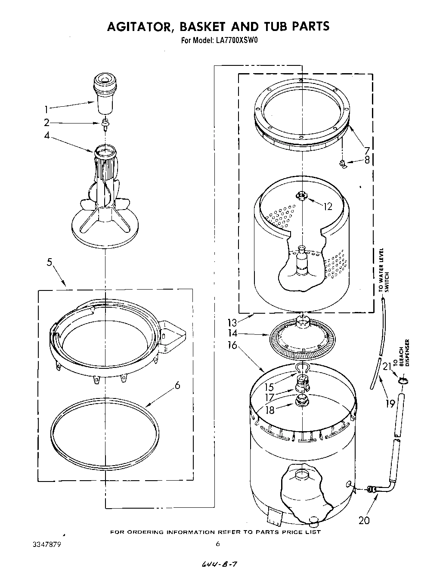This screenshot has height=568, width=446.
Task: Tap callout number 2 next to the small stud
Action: pos(46,123)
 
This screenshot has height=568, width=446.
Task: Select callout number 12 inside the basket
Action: pos(328,207)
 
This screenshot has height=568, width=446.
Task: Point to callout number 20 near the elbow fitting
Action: pos(364,520)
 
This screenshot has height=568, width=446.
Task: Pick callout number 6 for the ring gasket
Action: pos(177,385)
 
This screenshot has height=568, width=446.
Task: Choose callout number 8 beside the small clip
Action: pos(367,161)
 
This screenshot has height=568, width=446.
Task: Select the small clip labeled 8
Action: pos(343,164)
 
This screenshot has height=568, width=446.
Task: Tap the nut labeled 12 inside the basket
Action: pos(302,196)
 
